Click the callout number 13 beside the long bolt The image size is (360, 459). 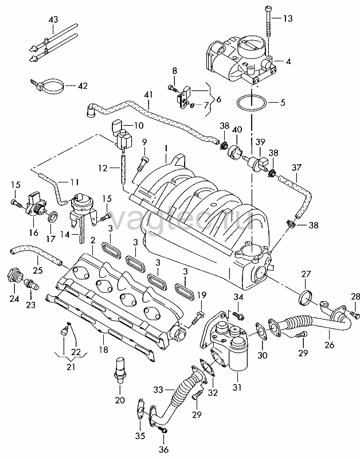pos(288,18)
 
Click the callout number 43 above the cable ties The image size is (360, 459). pos(53,20)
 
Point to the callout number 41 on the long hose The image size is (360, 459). pos(148,96)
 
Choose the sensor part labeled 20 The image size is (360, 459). pos(120,369)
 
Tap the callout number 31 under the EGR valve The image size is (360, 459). pos(237,387)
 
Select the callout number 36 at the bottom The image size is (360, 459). pos(163,449)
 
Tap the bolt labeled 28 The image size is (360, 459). pos(354,315)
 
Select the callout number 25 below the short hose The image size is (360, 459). pos(38,270)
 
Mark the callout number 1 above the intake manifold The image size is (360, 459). pos(166,149)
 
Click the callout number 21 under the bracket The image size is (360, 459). pos(71,367)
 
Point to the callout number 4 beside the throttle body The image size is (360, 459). pos(288,61)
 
